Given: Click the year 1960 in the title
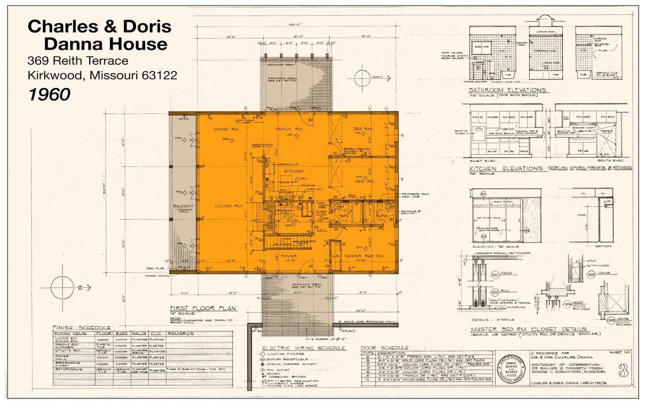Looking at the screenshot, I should [x=49, y=95].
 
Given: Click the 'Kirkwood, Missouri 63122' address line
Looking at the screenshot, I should [x=102, y=75].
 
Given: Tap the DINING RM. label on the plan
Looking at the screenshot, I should [x=226, y=129].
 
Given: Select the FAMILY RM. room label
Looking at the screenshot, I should [x=289, y=129].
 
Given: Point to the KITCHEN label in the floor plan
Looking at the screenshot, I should [x=294, y=171].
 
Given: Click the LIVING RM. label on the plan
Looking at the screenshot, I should [x=228, y=206].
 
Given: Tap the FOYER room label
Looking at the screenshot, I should [x=289, y=256].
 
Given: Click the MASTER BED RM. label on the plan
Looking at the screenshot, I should [x=364, y=256].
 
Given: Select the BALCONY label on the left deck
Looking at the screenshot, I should [x=183, y=206].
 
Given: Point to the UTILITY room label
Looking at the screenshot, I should [x=290, y=217].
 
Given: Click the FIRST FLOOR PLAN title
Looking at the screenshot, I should [x=203, y=308].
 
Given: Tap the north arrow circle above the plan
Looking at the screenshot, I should [x=362, y=78].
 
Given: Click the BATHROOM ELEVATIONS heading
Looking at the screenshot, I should [x=507, y=90].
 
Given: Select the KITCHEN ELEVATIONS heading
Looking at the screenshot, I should [x=505, y=169].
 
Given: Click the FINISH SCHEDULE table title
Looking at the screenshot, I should [x=82, y=328].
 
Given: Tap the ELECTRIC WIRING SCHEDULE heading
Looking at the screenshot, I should [x=303, y=348].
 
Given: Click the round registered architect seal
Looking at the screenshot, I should [x=511, y=369].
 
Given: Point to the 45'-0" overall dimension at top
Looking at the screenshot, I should [x=294, y=25].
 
